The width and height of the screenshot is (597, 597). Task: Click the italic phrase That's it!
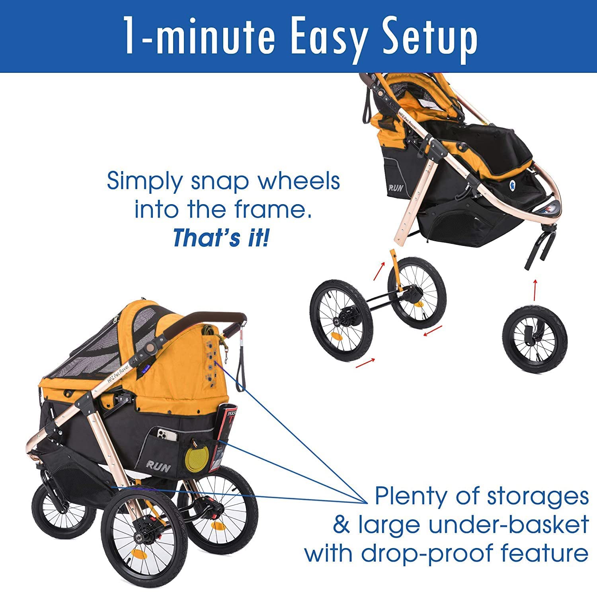coord(221,238)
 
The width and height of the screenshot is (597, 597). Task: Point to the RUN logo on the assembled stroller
coord(158,465)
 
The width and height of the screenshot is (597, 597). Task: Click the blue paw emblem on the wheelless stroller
coord(512,185)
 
